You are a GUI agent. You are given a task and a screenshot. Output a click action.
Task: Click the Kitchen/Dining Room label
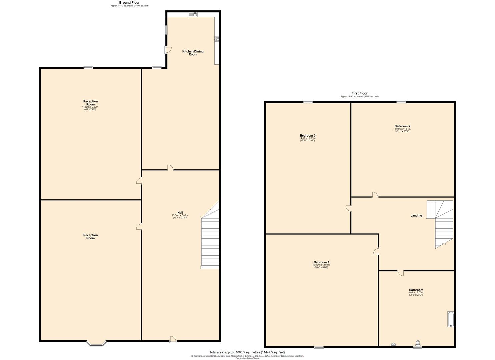coord(193,53)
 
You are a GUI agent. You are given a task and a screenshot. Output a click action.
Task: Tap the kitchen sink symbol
coord(193,14)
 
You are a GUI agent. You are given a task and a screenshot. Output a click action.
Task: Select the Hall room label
coord(180,213)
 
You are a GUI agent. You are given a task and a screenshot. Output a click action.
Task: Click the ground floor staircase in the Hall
coord(210,243)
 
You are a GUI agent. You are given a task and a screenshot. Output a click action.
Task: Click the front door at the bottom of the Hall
coord(173,339)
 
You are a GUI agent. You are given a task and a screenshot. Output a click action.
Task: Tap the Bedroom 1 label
coord(321,262)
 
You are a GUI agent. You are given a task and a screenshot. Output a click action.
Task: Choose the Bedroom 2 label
coord(402,126)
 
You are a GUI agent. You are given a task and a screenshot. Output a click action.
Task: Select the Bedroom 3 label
coord(308,136)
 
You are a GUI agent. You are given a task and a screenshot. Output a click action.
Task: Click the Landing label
coord(416,216)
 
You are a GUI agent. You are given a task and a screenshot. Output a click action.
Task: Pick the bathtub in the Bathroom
coord(450,319)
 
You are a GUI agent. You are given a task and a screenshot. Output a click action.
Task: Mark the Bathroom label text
coord(416,290)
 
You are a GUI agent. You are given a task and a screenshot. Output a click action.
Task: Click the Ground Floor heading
coord(129,3)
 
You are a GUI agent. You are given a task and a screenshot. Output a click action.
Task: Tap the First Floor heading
coord(359,93)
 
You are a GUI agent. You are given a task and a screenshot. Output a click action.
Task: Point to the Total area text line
coord(247,352)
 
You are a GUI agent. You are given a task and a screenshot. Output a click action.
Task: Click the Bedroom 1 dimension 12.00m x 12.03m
coord(321,265)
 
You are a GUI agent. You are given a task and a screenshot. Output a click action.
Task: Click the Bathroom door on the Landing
coord(400,273)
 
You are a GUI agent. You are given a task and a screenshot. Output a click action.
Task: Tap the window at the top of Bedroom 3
coord(308,102)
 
